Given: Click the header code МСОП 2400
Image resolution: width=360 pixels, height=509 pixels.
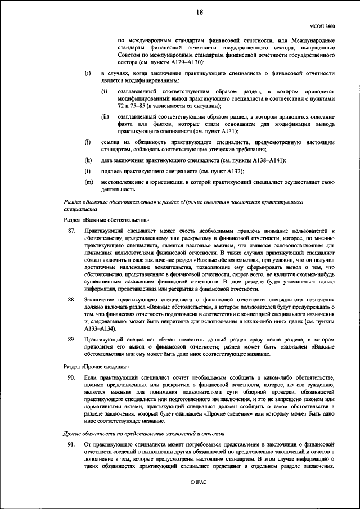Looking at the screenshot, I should pyautogui.click(x=322, y=26).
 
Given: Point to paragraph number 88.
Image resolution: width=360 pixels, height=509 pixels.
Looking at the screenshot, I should pyautogui.click(x=71, y=300).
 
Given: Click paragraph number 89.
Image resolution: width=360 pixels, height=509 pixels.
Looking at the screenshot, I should pyautogui.click(x=71, y=340).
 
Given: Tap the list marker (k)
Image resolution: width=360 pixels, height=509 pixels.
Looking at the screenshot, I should pyautogui.click(x=88, y=160).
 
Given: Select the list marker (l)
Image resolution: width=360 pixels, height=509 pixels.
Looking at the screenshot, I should pyautogui.click(x=87, y=170).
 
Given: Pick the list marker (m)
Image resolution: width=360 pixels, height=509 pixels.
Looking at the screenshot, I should pyautogui.click(x=88, y=182).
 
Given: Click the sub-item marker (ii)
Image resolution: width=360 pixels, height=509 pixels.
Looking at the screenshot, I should pyautogui.click(x=105, y=116).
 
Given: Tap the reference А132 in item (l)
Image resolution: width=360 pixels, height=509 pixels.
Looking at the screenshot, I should pyautogui.click(x=231, y=170).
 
